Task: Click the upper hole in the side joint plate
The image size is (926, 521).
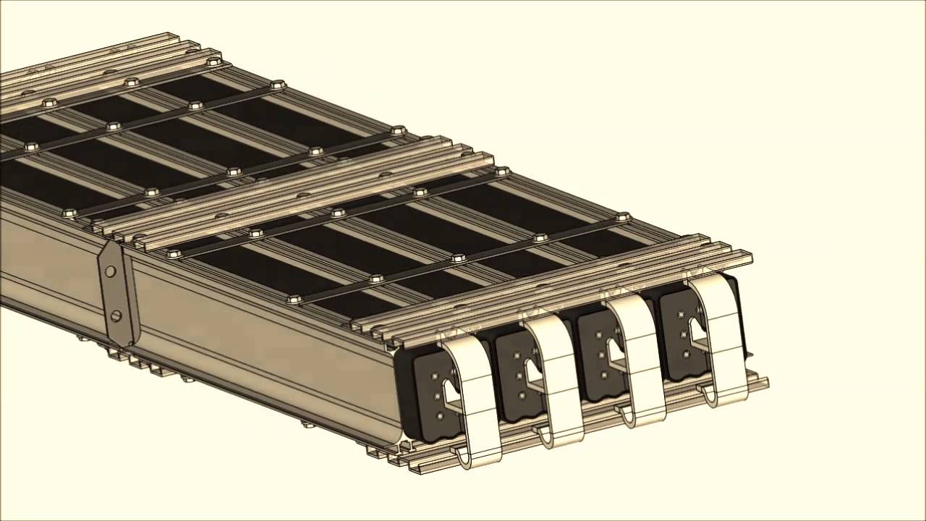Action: pos(110,271)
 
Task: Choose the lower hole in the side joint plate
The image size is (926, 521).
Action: pos(116,315)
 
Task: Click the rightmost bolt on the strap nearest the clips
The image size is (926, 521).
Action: pos(621,216)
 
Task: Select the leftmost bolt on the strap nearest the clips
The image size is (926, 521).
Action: pos(293,298)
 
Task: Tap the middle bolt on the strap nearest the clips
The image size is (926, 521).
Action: pos(458,258)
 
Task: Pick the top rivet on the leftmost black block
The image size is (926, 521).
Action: pos(433,377)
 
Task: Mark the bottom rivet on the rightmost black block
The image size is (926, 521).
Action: pos(684,354)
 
